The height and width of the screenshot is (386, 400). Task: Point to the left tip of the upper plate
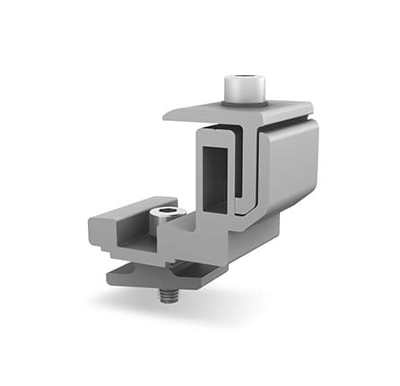167,115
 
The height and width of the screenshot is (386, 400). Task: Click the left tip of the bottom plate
111,272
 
